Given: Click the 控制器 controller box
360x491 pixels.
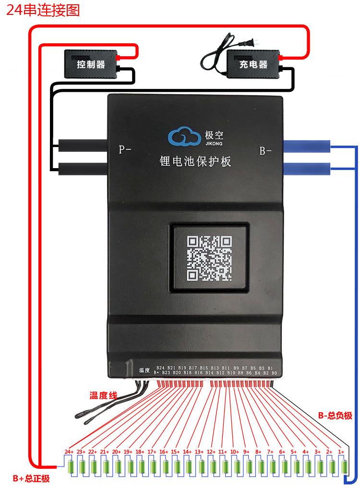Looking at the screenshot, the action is (x=91, y=64).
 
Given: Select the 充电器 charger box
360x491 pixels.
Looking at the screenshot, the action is (x=253, y=64).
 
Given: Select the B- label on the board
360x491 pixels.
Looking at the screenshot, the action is (x=265, y=151).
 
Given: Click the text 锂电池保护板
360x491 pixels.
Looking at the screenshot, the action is (x=195, y=161).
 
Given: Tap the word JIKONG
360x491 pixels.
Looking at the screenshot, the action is (x=214, y=144).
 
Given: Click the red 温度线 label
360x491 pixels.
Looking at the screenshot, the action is (x=103, y=395).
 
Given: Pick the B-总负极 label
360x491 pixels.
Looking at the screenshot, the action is (x=335, y=416).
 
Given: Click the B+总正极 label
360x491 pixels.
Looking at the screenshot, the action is (x=31, y=479).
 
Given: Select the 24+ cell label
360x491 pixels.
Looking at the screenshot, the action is (x=69, y=452).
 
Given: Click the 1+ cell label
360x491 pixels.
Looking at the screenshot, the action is (x=341, y=452).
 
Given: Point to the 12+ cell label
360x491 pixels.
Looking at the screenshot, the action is (x=211, y=452).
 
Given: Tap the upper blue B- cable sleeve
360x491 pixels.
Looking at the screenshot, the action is (x=307, y=146).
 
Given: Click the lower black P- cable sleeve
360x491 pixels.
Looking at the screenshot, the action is (x=83, y=169).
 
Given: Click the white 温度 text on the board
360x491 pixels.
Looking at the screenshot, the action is (x=144, y=370).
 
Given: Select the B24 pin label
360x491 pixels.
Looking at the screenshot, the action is (x=160, y=368).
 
